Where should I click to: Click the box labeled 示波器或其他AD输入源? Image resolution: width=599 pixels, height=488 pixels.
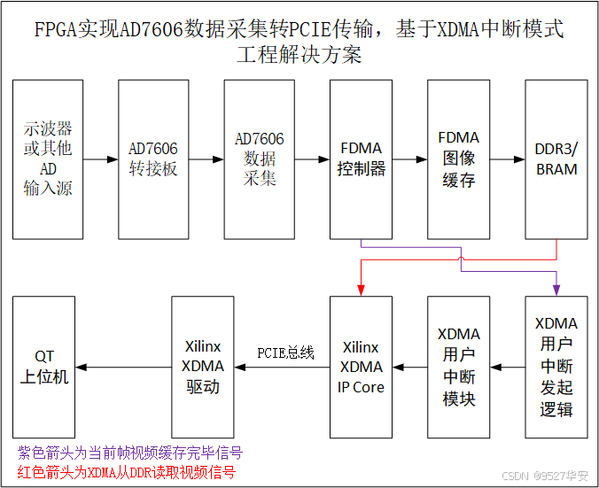click(48, 159)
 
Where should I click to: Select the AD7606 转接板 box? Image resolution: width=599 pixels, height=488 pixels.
click(153, 159)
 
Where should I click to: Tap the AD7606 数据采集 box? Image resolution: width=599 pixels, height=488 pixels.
click(259, 159)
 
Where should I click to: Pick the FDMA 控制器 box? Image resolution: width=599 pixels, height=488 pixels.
click(361, 159)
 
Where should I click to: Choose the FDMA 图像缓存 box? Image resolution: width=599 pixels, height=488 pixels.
click(458, 159)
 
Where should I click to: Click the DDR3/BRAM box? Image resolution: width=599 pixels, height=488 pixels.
click(556, 159)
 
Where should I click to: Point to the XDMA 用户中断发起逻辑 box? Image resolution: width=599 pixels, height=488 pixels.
click(556, 367)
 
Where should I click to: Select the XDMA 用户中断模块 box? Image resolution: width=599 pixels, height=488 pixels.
click(458, 367)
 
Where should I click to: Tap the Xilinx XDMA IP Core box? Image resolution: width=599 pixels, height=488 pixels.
click(361, 367)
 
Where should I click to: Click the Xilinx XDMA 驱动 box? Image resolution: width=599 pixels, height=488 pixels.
click(203, 367)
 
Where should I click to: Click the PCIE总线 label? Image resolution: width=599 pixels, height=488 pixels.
click(286, 352)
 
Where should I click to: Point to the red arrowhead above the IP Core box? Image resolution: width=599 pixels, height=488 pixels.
click(361, 289)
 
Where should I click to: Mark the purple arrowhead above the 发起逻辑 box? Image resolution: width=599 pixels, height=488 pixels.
click(556, 289)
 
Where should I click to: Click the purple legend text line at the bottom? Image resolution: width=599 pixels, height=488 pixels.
click(130, 453)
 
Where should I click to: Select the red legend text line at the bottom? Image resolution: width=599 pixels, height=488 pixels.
click(127, 472)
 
